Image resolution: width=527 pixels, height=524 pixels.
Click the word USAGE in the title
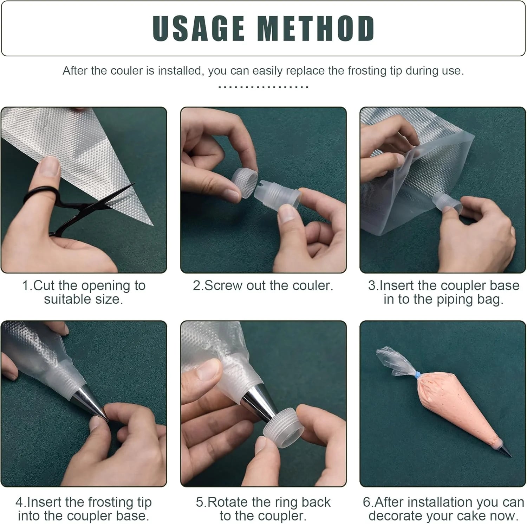point(199,29)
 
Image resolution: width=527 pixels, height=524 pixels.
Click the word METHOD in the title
point(316,29)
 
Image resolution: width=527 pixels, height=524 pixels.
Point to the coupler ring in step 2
point(245,183)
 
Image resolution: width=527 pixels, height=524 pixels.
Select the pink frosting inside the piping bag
point(453,405)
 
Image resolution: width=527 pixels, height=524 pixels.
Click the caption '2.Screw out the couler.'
point(263,285)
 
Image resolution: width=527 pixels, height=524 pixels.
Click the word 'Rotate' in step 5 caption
point(228,502)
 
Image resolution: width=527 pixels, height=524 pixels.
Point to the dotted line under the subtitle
point(263,87)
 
